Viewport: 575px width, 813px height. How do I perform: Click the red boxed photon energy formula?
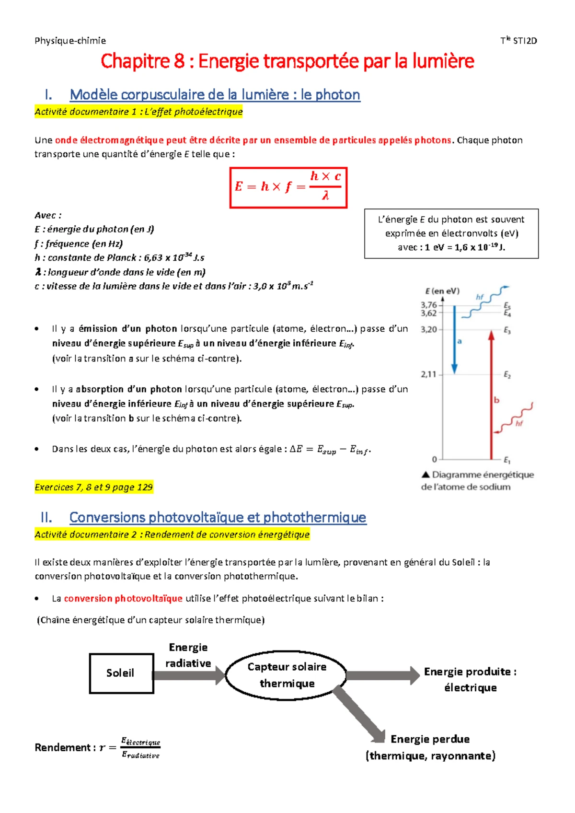point(288,187)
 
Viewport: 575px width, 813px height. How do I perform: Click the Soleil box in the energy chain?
point(121,673)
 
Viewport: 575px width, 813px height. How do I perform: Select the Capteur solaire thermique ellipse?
point(287,675)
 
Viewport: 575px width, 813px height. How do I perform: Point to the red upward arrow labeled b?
point(491,393)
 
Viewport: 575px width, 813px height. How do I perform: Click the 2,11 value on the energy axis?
point(428,374)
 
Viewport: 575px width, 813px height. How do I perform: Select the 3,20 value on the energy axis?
point(428,330)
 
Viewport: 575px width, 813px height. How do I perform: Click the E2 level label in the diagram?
point(507,375)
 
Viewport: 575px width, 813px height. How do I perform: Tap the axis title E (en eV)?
point(442,291)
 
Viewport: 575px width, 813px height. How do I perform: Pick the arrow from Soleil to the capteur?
point(189,675)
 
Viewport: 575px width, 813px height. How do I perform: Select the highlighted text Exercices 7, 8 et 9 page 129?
point(93,488)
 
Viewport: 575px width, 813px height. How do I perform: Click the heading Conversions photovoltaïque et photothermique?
point(218,517)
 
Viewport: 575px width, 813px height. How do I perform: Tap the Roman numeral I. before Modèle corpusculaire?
point(48,95)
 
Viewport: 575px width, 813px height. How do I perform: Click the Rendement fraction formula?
point(140,748)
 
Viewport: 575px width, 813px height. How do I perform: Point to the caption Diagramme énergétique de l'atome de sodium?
point(477,481)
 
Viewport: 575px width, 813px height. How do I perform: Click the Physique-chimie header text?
point(70,41)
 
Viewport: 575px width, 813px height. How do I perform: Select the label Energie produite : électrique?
point(470,680)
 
